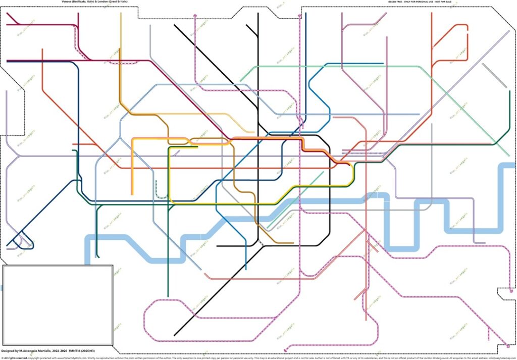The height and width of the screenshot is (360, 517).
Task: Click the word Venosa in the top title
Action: [66, 2]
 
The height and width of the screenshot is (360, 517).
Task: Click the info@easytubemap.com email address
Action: [500, 357]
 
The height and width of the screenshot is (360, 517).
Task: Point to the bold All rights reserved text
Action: [15, 357]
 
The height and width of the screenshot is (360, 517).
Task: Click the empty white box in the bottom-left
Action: [58, 305]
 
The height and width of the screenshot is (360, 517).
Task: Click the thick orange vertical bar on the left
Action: [132, 167]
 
